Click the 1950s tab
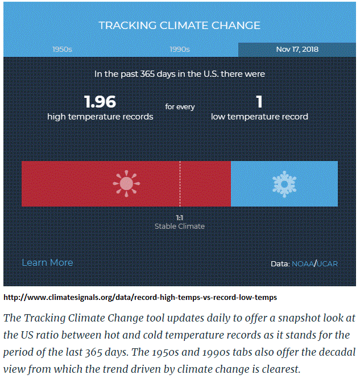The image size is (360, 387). pos(62,50)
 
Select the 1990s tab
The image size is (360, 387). pos(180,50)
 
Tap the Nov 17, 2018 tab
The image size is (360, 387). pos(297,50)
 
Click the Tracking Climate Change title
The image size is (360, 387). pos(180,26)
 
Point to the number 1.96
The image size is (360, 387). pos(100,102)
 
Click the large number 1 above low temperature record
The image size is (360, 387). pos(259,102)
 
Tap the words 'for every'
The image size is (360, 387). pos(180,106)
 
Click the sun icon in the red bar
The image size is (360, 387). pos(126,184)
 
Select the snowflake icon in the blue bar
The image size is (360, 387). pos(284,184)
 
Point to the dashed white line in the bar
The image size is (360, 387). pos(180,184)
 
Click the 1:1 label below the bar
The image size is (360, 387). pos(180,217)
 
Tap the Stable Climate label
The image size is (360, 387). pos(180,227)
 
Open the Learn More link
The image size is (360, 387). pos(47,262)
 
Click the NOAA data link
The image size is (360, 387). pos(303,264)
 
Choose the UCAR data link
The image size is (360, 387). pos(327,264)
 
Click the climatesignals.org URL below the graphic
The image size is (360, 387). pos(140,298)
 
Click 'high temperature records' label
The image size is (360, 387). pos(100,117)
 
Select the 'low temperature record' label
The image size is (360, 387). pos(259,117)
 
